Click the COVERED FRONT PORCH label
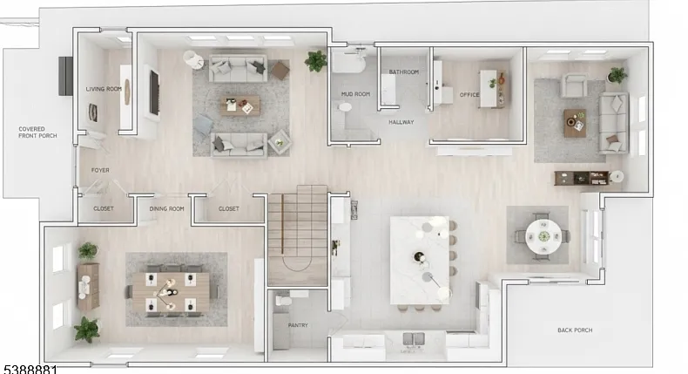pos(37,133)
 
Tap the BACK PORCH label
pos(575,330)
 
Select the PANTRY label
pos(298,325)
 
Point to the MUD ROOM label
pos(355,94)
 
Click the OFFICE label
pos(469,94)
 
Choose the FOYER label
pos(100,170)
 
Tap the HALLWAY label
pos(401,122)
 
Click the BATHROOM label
pos(404,71)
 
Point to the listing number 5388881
pos(30,369)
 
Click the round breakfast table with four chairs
pos(543,236)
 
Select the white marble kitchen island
pos(420,260)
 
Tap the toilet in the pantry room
pos(282,301)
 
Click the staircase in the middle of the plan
pos(298,235)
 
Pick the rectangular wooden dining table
pos(171,292)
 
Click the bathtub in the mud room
pos(348,62)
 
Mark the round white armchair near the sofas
pos(193,60)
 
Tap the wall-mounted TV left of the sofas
pos(154,92)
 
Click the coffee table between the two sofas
pos(240,105)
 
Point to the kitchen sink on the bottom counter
pos(414,339)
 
